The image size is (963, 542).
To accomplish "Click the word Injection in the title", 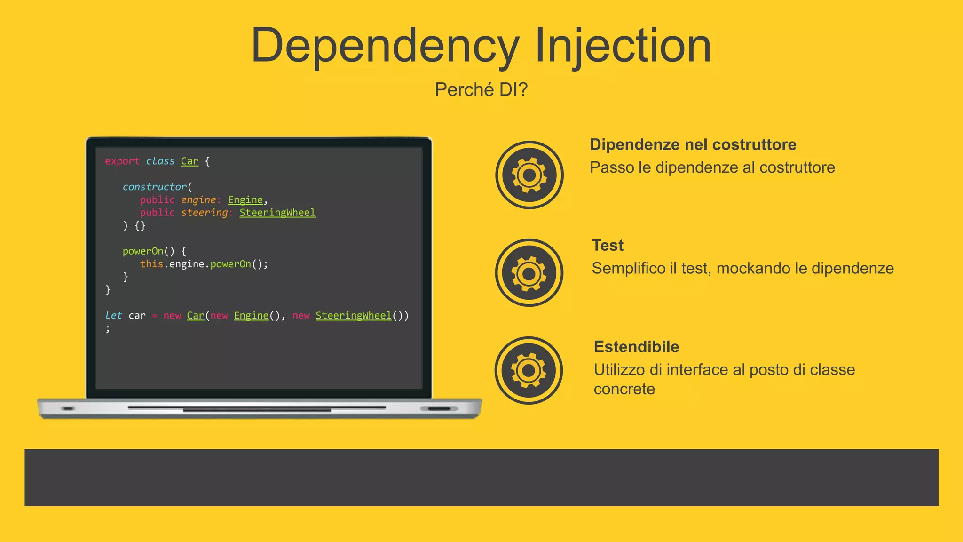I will (x=623, y=46).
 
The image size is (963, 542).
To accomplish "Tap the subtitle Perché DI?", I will (x=481, y=89).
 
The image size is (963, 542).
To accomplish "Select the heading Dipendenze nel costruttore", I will (x=693, y=144).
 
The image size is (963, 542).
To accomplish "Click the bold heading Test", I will (x=608, y=245).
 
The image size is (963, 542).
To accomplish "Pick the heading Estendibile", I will (x=636, y=347).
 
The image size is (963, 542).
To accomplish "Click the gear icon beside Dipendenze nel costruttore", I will (x=529, y=175).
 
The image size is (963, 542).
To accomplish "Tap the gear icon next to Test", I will (x=529, y=273).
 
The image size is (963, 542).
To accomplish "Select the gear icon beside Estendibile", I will (x=529, y=370).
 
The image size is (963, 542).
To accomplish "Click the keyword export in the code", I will (x=122, y=161).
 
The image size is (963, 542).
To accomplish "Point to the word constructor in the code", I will (x=154, y=187).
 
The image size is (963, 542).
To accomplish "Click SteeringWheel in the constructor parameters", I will (x=277, y=213).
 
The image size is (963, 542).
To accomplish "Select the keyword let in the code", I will (x=113, y=315).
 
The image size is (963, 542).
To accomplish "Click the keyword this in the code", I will (x=151, y=264).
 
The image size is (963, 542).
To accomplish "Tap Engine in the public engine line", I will (x=245, y=200).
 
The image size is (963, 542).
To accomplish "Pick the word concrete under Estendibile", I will (x=624, y=389).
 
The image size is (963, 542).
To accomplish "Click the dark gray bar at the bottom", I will (x=481, y=478).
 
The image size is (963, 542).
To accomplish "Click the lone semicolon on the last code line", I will (x=108, y=329).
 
